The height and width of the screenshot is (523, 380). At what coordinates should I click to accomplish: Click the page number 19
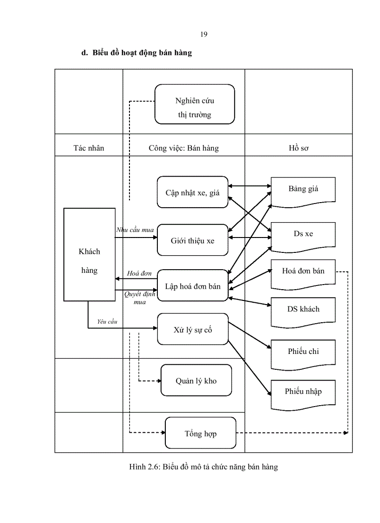pos(204,34)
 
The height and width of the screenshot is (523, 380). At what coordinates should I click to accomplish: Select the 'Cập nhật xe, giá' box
pos(192,192)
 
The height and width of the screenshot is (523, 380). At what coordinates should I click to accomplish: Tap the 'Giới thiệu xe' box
pos(192,240)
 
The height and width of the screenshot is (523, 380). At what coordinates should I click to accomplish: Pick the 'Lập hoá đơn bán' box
pos(192,286)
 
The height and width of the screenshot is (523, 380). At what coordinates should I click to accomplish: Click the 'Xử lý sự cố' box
pos(193,329)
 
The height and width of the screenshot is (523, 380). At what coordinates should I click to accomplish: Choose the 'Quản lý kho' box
pos(196,380)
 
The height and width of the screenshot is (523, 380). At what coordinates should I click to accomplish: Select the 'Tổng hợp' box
pos(201,433)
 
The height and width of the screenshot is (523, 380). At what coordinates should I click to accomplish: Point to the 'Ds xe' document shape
pos(303,234)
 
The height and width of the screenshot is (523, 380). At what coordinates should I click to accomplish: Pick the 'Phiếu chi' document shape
pos(303,353)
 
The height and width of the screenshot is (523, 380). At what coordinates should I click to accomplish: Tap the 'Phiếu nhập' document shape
pos(303,392)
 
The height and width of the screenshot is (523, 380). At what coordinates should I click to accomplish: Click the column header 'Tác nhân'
pos(89,148)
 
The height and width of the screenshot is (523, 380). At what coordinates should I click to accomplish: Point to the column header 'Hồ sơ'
pos(299,148)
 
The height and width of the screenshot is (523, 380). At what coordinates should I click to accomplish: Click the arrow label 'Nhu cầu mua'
pos(135,230)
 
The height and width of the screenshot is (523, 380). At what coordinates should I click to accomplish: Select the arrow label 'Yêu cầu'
pos(107,321)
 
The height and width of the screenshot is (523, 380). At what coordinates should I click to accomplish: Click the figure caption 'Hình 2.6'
pos(203,467)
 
